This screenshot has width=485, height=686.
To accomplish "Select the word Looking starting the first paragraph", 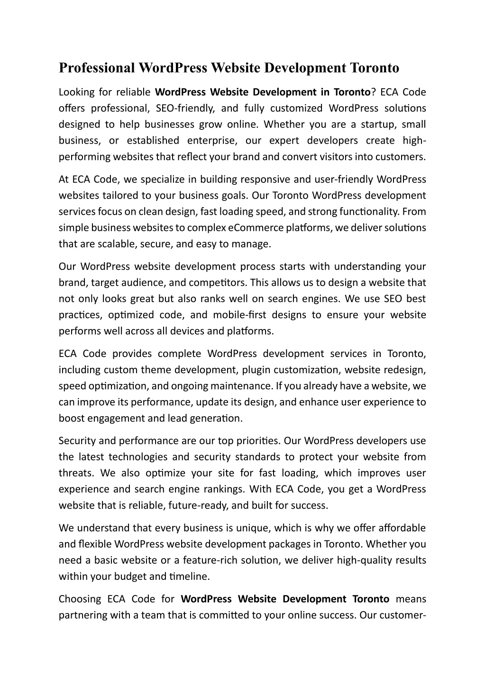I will pyautogui.click(x=76, y=92).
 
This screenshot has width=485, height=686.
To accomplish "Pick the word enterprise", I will pyautogui.click(x=209, y=141).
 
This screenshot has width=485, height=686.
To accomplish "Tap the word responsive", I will pyautogui.click(x=266, y=180).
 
